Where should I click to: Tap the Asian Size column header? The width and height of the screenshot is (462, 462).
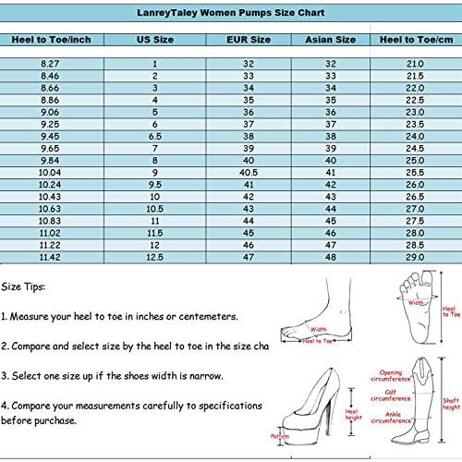(x=330, y=40)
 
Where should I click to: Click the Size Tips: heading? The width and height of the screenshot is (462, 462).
(x=24, y=286)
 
